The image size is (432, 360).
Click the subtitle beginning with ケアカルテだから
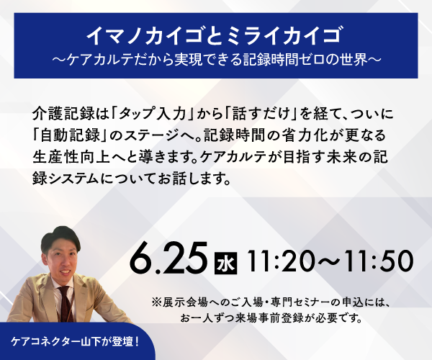[x=217, y=60]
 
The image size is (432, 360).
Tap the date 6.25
[x=168, y=258]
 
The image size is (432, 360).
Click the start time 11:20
[x=281, y=261]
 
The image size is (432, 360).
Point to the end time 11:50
[x=379, y=261]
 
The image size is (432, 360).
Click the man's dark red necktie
[x=66, y=304]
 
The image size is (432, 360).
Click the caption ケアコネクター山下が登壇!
[x=75, y=342]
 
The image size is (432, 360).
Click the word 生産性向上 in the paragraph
[x=71, y=157]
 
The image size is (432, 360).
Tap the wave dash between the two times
[x=329, y=261]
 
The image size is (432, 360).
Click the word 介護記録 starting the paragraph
[x=63, y=114]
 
